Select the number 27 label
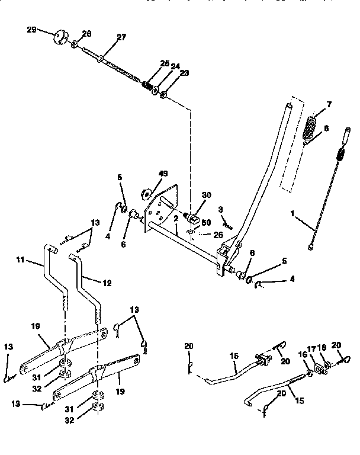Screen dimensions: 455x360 [121, 37]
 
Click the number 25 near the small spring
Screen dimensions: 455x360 [164, 63]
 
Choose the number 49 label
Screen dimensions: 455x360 [163, 174]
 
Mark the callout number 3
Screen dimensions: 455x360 [220, 209]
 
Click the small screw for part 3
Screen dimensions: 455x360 [229, 225]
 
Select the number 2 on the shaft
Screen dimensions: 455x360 [176, 219]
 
